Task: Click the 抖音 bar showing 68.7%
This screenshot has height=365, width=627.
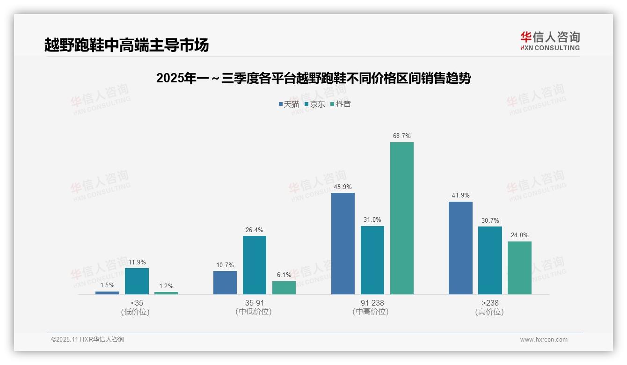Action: pyautogui.click(x=402, y=218)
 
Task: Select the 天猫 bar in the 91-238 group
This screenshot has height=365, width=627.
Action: pyautogui.click(x=343, y=243)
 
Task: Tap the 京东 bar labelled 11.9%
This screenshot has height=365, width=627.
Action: pyautogui.click(x=137, y=281)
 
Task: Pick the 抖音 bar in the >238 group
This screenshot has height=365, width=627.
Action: pyautogui.click(x=519, y=268)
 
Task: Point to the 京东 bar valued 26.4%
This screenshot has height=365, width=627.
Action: pyautogui.click(x=255, y=265)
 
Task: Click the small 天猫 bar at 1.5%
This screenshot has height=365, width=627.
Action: pyautogui.click(x=107, y=293)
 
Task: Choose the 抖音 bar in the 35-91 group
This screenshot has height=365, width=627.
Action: pyautogui.click(x=284, y=288)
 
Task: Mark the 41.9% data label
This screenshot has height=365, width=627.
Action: pyautogui.click(x=460, y=196)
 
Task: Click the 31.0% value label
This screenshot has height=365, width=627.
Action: pyautogui.click(x=372, y=220)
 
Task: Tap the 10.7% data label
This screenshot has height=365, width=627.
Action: pyautogui.click(x=225, y=265)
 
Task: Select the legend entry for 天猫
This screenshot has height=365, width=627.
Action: pyautogui.click(x=289, y=104)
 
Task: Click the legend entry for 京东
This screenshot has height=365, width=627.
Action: pyautogui.click(x=315, y=104)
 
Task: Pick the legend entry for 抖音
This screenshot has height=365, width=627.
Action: pyautogui.click(x=341, y=104)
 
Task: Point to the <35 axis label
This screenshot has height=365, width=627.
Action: pyautogui.click(x=137, y=303)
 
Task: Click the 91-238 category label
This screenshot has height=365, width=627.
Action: pyautogui.click(x=372, y=303)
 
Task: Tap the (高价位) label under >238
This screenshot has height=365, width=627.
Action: pyautogui.click(x=489, y=312)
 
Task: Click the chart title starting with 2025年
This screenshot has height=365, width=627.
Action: pyautogui.click(x=313, y=78)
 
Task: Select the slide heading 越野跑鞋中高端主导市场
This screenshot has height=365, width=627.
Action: pyautogui.click(x=126, y=45)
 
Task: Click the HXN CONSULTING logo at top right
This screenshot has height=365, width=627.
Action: pyautogui.click(x=550, y=41)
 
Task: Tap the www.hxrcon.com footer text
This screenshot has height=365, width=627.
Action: pyautogui.click(x=544, y=340)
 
